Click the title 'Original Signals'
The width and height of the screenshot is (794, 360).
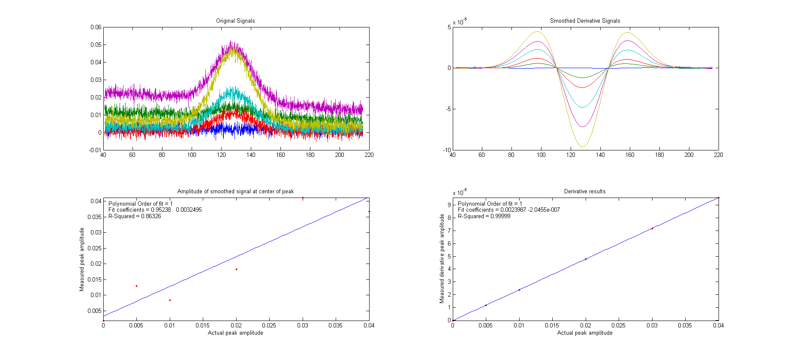(x=235, y=21)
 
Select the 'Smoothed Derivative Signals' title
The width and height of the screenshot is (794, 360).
(x=585, y=21)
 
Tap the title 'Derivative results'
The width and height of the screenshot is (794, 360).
(x=585, y=191)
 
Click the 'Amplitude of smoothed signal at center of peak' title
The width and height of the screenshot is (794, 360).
(x=235, y=191)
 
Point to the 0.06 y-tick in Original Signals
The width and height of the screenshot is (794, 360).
(x=96, y=27)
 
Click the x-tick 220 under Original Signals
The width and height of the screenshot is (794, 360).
(x=369, y=155)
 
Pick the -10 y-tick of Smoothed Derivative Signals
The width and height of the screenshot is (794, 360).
(x=447, y=150)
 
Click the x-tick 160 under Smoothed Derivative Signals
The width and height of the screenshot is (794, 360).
(x=629, y=155)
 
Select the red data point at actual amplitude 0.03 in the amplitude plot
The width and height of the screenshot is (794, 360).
(x=303, y=198)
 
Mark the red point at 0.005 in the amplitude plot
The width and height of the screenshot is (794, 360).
(x=136, y=286)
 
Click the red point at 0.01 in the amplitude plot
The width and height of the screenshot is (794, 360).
(x=170, y=300)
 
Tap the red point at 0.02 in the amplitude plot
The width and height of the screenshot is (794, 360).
(x=236, y=269)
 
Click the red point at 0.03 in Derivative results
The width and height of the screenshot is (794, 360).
(x=652, y=228)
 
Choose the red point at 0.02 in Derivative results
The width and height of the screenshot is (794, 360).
(x=586, y=259)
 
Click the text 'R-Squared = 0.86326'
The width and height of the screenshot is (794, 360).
(x=135, y=216)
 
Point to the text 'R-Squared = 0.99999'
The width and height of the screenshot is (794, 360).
(x=484, y=216)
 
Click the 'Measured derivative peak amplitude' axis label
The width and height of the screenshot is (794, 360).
(x=442, y=259)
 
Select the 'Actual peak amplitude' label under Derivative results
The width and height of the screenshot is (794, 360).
(x=585, y=333)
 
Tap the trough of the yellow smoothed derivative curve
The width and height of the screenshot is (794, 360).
(x=582, y=147)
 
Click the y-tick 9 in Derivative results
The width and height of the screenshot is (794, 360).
(x=449, y=205)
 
